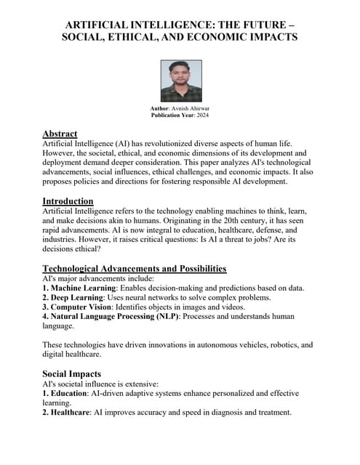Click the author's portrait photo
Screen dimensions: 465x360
(181, 80)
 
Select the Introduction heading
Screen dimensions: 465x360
(68, 201)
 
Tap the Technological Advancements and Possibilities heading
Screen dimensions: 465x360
(135, 269)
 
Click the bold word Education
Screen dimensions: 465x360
(76, 393)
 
